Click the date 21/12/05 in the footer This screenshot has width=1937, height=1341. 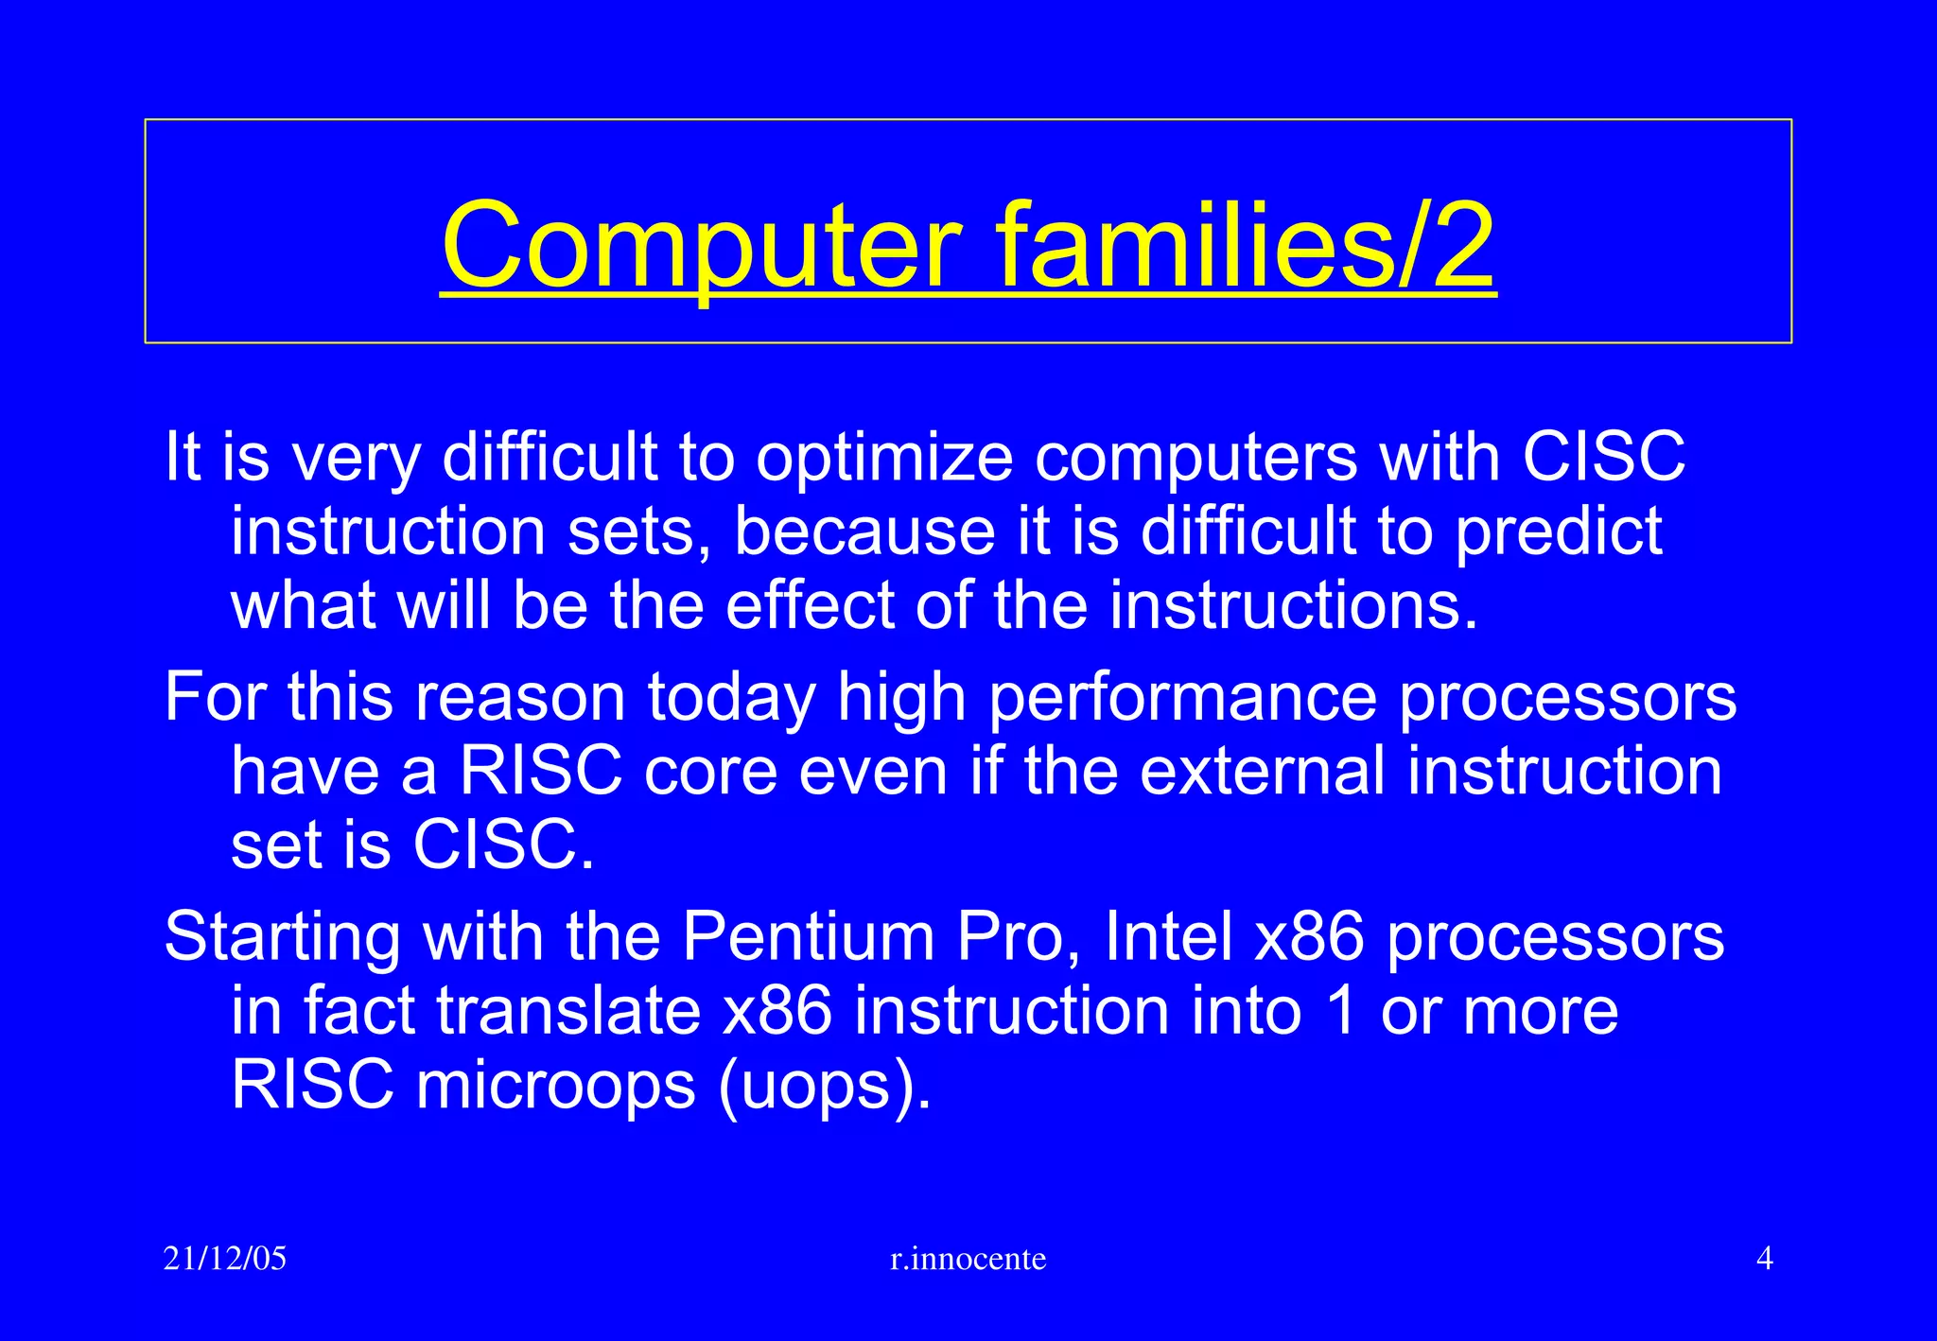point(224,1259)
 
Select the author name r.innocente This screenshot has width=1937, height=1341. point(968,1259)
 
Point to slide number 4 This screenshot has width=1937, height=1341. point(1764,1259)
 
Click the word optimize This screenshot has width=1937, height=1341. point(883,459)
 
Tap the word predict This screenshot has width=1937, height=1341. point(1558,532)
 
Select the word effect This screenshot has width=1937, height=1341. point(810,606)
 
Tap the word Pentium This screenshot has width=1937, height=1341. point(808,938)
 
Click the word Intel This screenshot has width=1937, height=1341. point(1168,938)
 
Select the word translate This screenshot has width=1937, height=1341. point(567,1012)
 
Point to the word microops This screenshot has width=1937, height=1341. point(556,1086)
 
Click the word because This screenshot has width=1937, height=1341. point(864,532)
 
